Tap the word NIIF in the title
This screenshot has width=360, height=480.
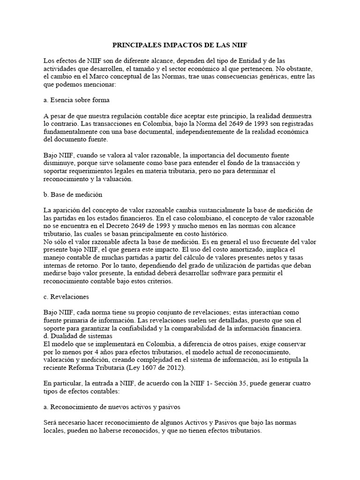coord(238,45)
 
